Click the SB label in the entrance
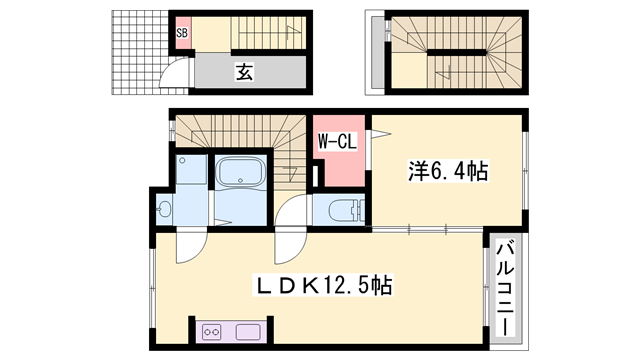click(183, 34)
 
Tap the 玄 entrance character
click(244, 71)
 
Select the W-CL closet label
click(337, 142)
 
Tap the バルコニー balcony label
click(506, 286)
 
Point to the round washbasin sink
click(165, 209)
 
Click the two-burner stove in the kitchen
click(212, 331)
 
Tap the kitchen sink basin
click(247, 331)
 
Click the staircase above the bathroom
click(240, 131)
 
